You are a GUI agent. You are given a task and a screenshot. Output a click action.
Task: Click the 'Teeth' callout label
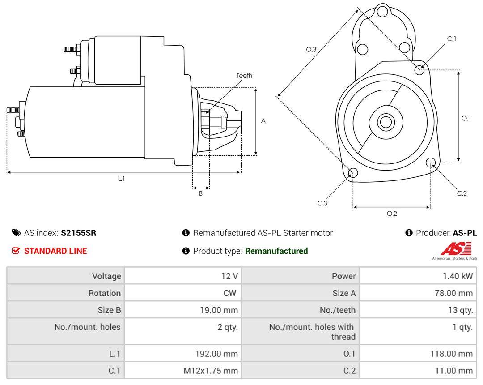pyautogui.click(x=244, y=76)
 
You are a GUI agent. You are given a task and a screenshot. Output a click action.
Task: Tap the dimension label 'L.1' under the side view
pyautogui.click(x=121, y=179)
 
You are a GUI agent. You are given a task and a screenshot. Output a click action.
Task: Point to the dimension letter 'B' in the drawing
pyautogui.click(x=201, y=193)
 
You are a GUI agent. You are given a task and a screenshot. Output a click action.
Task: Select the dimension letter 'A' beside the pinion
pyautogui.click(x=263, y=121)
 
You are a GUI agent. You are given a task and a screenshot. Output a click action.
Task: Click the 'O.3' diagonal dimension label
pyautogui.click(x=311, y=49)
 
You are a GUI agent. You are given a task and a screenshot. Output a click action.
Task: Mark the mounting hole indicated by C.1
pyautogui.click(x=419, y=70)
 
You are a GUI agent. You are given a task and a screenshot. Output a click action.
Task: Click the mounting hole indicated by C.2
pyautogui.click(x=431, y=163)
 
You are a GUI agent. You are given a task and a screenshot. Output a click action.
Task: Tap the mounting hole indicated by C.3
pyautogui.click(x=353, y=173)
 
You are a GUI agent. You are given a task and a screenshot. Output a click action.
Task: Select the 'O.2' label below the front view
pyautogui.click(x=392, y=213)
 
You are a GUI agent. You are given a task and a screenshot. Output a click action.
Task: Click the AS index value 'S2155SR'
pyautogui.click(x=79, y=233)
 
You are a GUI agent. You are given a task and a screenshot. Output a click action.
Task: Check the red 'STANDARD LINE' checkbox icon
pyautogui.click(x=16, y=251)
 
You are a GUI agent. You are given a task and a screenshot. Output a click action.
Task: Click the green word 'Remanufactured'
pyautogui.click(x=276, y=251)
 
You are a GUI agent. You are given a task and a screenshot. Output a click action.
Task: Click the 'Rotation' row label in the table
pyautogui.click(x=104, y=293)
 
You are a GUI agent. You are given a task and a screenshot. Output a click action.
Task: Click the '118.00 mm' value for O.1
pyautogui.click(x=451, y=354)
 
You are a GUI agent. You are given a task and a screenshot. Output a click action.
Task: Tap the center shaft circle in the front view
pyautogui.click(x=386, y=122)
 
